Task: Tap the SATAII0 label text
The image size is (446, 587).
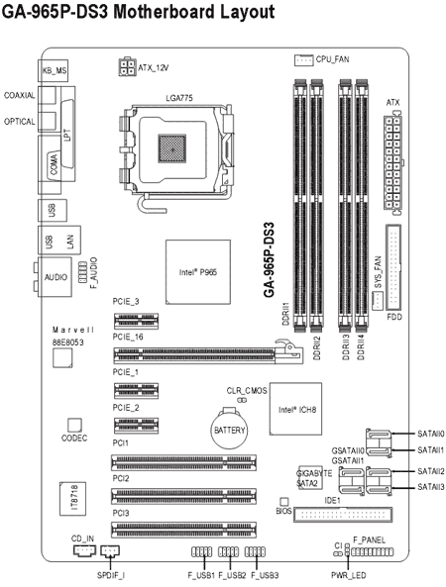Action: tap(429, 434)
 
